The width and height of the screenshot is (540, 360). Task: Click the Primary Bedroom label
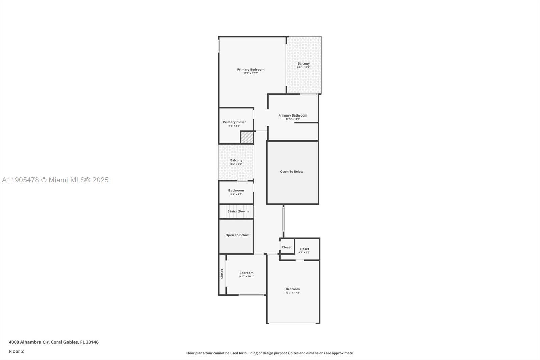[x=250, y=69]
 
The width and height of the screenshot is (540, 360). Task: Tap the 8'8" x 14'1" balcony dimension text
[x=303, y=67]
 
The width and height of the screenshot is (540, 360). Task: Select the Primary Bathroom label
[x=293, y=115]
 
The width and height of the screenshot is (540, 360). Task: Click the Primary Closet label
[x=234, y=122]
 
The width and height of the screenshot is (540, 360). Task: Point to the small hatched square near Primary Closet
[x=247, y=137]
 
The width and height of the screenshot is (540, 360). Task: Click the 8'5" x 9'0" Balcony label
[x=236, y=160]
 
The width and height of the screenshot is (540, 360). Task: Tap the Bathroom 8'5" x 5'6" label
[x=236, y=190]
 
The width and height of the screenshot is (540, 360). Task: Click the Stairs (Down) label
[x=238, y=211]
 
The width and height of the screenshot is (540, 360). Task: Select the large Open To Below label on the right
[x=292, y=171]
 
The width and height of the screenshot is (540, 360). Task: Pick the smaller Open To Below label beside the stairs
[x=237, y=235]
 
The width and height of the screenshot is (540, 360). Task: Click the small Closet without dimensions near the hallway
[x=287, y=247]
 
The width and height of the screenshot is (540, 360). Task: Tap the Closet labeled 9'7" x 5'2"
[x=304, y=249]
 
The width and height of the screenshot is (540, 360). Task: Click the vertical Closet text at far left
[x=222, y=274]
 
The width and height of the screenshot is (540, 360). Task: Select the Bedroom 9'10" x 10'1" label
[x=246, y=273]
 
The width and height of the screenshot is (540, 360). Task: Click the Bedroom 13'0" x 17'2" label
[x=292, y=289]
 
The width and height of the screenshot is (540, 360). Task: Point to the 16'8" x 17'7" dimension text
[x=250, y=73]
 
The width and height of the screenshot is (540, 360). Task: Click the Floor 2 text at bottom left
[x=16, y=351]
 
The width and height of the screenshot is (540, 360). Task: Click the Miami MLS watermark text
[x=55, y=180]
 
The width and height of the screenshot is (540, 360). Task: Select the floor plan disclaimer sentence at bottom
[x=270, y=353]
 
